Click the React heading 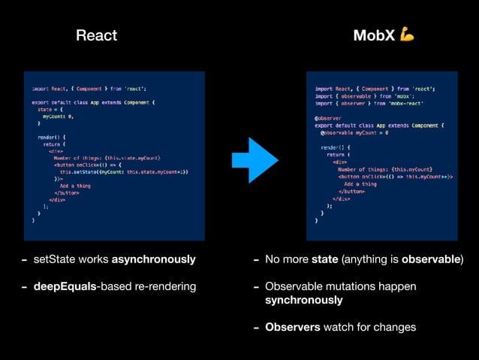coord(97,35)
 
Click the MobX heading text coord(373,35)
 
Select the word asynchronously coord(153,260)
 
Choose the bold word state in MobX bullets coord(324,260)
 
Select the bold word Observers coord(293,327)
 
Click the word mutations coord(344,286)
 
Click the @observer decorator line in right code coord(327,118)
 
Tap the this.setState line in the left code coord(124,171)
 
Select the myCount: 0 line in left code coord(58,116)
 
